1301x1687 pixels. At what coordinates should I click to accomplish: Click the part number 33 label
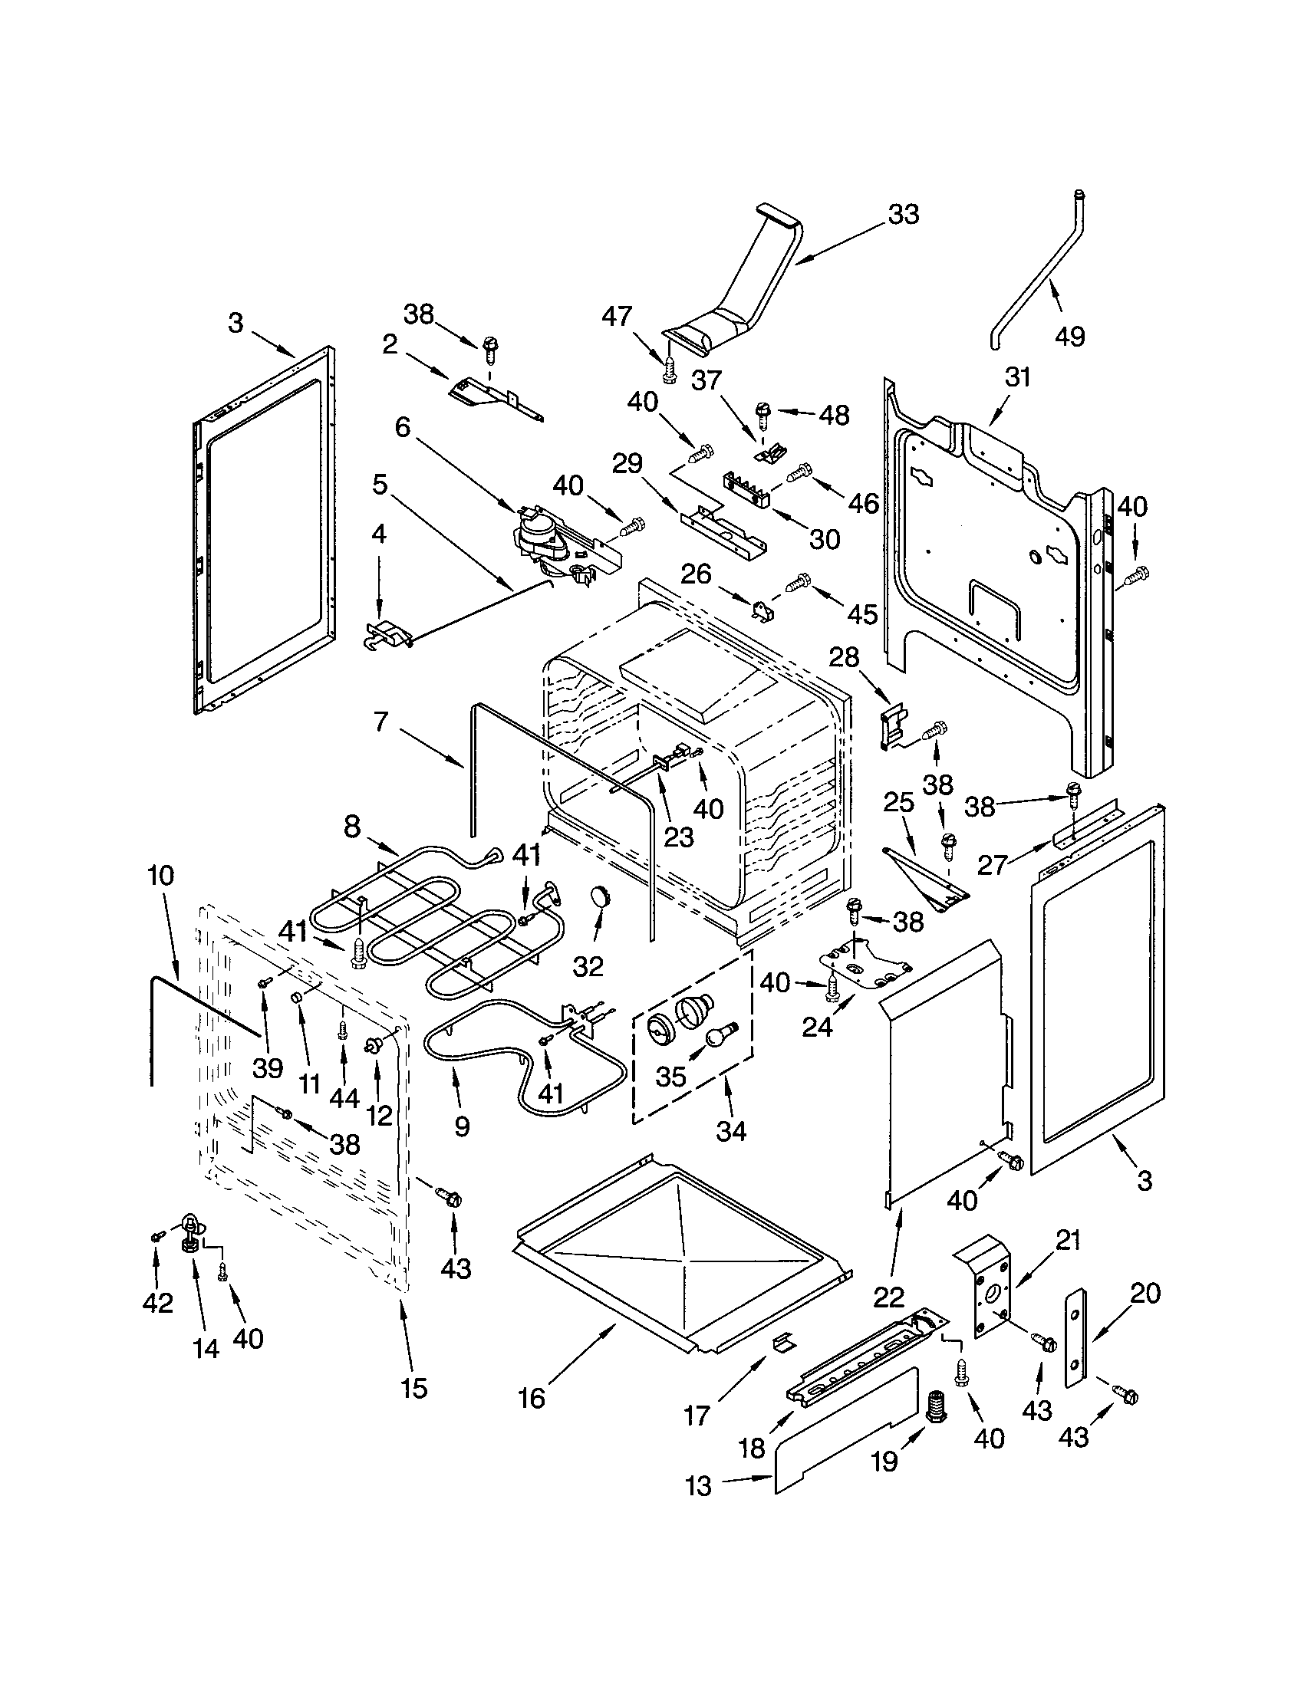[903, 214]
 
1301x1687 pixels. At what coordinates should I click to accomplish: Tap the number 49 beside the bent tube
[1070, 336]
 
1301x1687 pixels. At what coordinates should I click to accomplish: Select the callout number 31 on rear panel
[1017, 377]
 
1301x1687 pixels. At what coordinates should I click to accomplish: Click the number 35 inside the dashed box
[670, 1076]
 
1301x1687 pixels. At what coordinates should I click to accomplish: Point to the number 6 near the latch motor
[403, 426]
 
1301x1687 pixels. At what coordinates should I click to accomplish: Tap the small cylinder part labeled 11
[295, 998]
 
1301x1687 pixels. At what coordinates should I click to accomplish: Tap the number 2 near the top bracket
[390, 344]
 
